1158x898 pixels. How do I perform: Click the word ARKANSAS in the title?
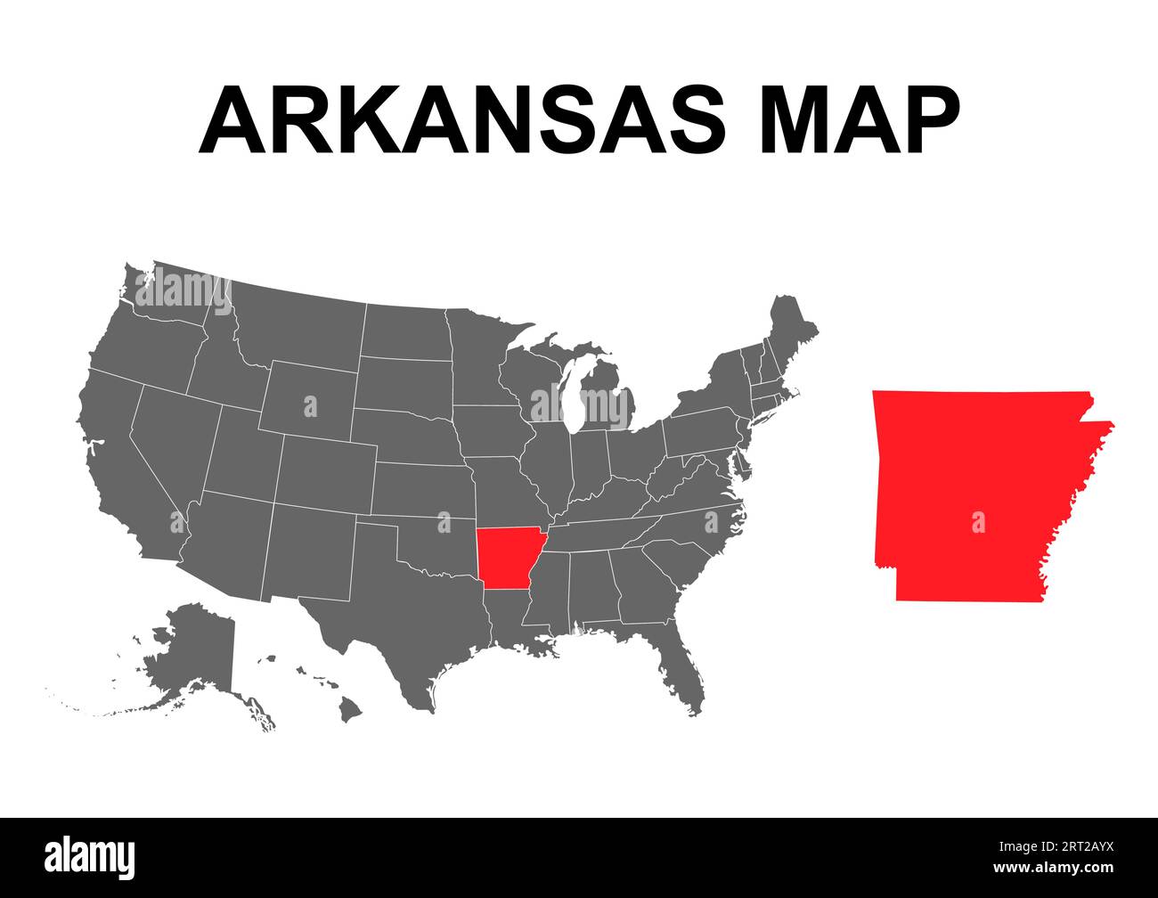(x=462, y=121)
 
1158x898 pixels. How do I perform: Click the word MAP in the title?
(x=860, y=121)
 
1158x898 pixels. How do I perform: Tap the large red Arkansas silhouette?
(x=971, y=499)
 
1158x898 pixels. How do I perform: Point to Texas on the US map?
(x=401, y=606)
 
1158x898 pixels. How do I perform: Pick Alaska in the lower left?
(x=192, y=655)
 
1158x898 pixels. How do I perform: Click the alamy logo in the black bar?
(x=90, y=856)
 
